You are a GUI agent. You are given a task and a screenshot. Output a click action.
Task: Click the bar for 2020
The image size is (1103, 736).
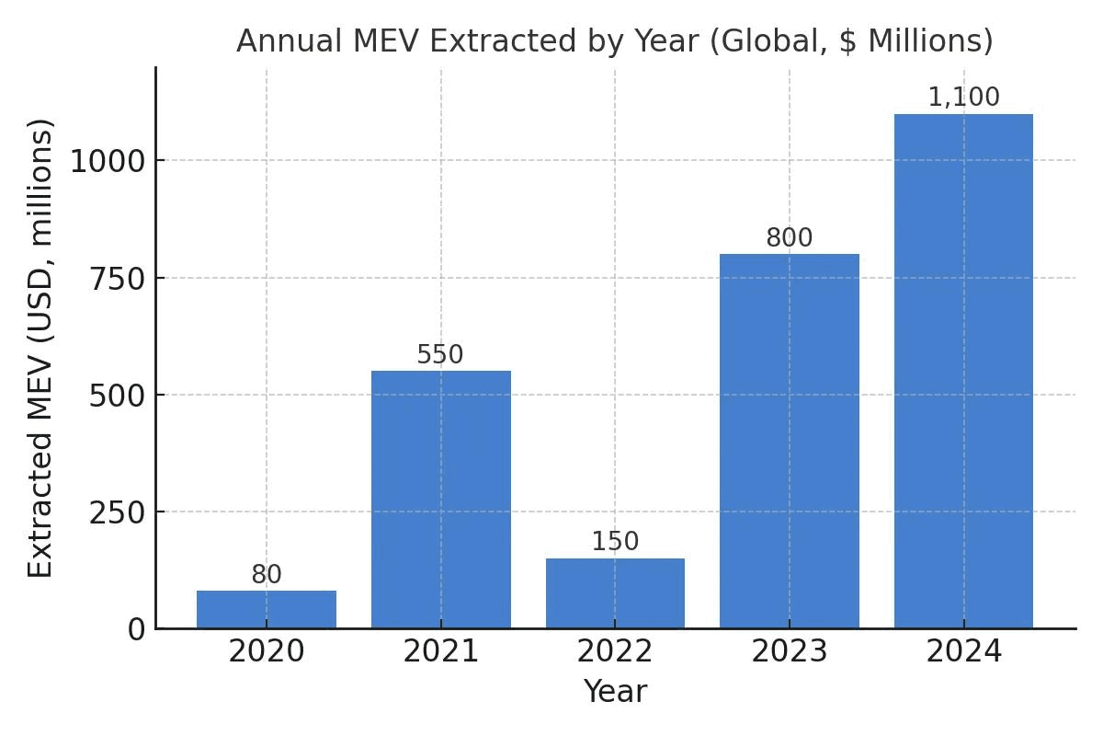click(267, 609)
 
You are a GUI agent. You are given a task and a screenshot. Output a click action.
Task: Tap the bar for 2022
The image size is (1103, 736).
click(615, 593)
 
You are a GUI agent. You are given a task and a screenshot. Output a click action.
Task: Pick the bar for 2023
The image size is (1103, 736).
click(790, 442)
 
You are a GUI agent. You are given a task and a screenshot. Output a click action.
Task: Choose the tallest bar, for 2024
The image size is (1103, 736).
click(963, 372)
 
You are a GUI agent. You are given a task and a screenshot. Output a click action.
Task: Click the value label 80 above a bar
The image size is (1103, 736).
click(267, 575)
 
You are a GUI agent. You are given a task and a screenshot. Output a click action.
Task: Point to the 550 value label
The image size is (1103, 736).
click(440, 355)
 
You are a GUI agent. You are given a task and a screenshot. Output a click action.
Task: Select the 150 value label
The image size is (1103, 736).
click(615, 542)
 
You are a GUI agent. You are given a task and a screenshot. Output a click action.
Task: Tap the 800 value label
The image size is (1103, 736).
click(790, 238)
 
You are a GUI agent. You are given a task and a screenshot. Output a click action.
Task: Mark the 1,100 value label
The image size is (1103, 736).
click(963, 98)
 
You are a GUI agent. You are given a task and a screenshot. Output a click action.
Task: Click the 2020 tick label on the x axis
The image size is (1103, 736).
click(267, 652)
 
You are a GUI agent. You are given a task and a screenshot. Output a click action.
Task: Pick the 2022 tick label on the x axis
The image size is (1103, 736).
click(615, 652)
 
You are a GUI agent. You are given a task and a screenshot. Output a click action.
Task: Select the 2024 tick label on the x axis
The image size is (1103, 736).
click(963, 652)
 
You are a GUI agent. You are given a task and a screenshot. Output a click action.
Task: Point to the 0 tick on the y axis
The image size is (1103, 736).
click(136, 629)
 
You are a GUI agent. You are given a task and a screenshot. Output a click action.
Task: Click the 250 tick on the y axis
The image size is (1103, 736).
click(118, 512)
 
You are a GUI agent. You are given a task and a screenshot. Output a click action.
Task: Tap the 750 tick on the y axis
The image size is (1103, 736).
click(118, 278)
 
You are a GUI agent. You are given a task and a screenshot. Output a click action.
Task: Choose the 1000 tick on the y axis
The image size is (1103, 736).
click(108, 161)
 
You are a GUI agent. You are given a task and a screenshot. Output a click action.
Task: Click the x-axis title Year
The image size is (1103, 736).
click(615, 692)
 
